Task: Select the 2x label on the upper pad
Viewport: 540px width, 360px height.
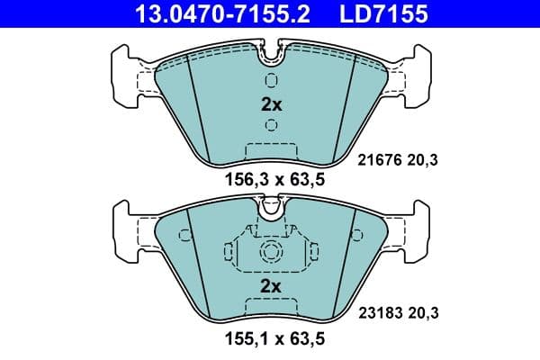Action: pyautogui.click(x=271, y=104)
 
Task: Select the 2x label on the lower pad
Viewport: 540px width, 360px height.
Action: pyautogui.click(x=271, y=287)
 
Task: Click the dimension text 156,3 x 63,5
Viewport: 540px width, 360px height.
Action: pyautogui.click(x=271, y=179)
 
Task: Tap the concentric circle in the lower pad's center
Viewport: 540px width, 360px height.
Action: pyautogui.click(x=271, y=252)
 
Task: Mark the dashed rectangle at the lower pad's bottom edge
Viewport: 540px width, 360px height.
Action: pyautogui.click(x=271, y=310)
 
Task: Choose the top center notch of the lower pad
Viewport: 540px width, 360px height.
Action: pyautogui.click(x=271, y=211)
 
